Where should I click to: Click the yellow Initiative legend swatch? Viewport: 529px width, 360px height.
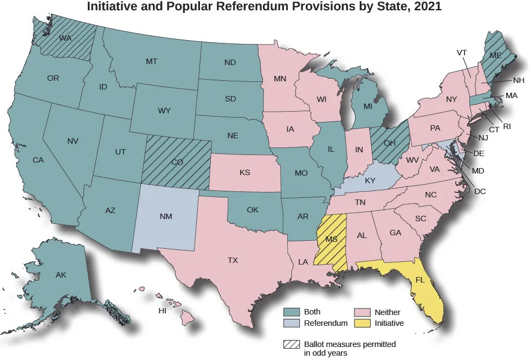click(362, 324)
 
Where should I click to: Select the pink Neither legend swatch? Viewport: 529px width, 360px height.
click(362, 313)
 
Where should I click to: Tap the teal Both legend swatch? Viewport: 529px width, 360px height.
click(292, 312)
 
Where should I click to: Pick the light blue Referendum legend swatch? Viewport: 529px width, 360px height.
click(292, 324)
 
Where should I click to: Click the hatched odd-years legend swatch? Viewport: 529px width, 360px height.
click(292, 344)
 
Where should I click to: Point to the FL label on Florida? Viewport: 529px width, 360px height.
click(420, 280)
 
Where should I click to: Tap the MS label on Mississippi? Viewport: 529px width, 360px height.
click(332, 239)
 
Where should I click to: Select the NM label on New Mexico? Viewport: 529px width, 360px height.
click(166, 217)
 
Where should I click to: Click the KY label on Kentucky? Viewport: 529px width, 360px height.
click(370, 181)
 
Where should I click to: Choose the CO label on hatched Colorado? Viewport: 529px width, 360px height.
click(177, 162)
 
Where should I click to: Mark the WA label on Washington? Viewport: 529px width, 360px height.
click(66, 38)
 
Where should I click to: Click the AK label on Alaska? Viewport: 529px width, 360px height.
click(61, 275)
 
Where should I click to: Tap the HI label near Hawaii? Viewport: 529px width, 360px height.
click(162, 311)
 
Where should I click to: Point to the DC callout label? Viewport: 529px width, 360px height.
click(480, 191)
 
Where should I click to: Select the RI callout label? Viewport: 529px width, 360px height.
click(507, 126)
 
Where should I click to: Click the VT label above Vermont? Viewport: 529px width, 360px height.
click(462, 53)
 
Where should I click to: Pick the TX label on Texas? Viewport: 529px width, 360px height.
click(233, 260)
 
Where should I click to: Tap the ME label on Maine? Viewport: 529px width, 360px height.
click(495, 55)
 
